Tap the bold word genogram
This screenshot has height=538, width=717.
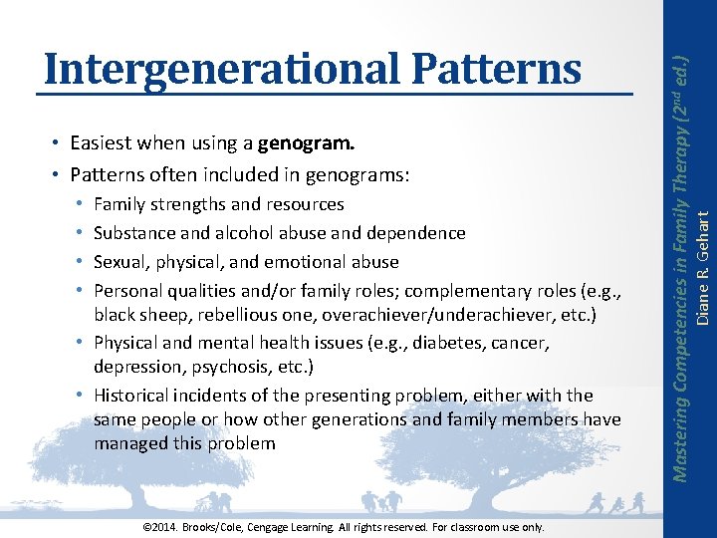coord(306,143)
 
